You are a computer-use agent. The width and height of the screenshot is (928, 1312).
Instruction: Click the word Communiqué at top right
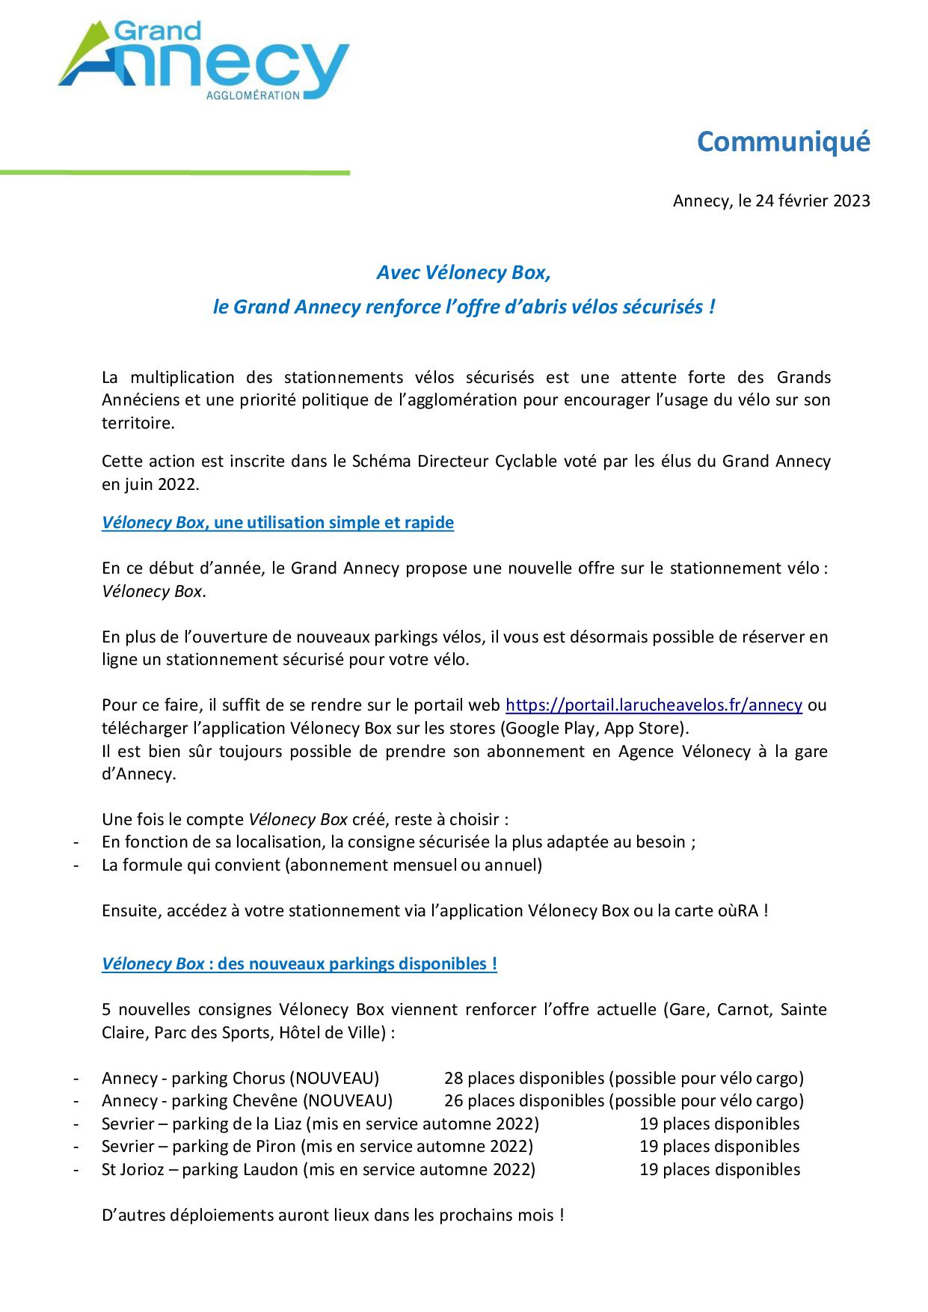pos(783,141)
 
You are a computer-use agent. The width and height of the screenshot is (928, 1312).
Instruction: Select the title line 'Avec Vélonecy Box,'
pos(463,273)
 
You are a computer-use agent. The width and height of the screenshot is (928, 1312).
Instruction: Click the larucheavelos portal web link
pos(654,705)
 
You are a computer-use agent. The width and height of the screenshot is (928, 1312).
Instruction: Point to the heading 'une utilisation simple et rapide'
pos(334,523)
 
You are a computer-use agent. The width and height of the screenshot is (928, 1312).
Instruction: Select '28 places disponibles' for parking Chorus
pos(523,1079)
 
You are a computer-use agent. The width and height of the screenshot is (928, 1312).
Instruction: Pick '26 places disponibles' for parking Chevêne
pos(523,1101)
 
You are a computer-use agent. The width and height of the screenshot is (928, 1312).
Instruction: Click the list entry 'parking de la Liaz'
pos(237,1124)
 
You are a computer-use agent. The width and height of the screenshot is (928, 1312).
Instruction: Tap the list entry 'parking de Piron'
pos(236,1147)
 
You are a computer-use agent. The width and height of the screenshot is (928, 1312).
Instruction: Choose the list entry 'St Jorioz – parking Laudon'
pos(200,1170)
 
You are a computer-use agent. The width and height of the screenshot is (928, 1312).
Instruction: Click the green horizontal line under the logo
pos(175,173)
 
